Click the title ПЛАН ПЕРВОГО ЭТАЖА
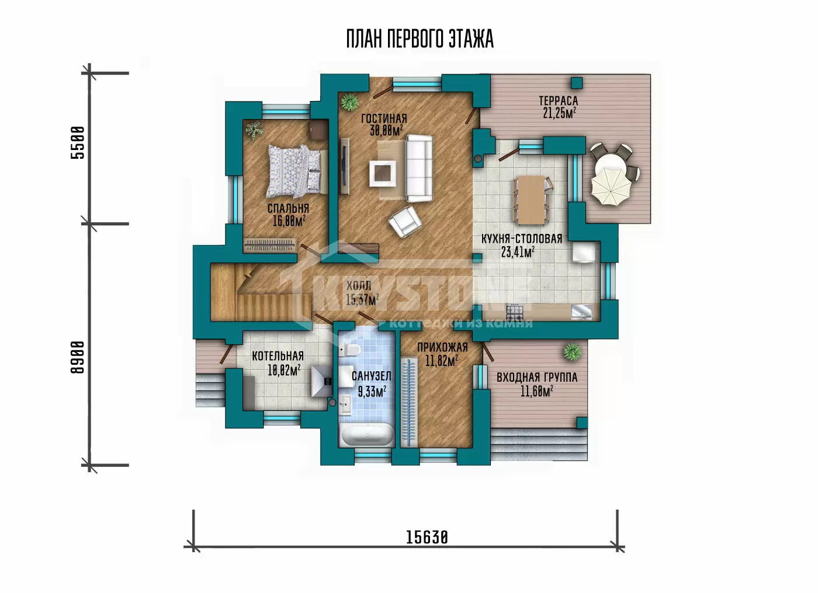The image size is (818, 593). coord(420,39)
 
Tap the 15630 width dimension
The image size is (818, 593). coord(427,537)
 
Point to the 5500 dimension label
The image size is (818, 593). coord(77,142)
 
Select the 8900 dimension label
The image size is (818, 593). coord(77,357)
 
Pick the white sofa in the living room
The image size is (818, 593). coord(420,168)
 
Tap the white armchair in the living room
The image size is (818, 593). coord(405,221)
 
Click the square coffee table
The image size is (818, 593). coord(382,173)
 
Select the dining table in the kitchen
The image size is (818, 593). coord(531,200)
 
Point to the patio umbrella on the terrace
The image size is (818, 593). coord(611,185)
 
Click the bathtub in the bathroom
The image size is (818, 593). coord(368,435)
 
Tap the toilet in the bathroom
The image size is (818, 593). coord(349,350)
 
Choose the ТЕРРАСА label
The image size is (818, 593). coord(559,100)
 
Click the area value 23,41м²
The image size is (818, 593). coord(518,252)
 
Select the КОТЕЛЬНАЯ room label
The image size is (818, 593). coord(278,356)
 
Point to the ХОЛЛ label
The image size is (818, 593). coord(359,285)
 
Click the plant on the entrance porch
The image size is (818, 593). coord(572,352)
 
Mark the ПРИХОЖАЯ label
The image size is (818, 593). coord(442,347)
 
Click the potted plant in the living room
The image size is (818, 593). coord(350,103)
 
